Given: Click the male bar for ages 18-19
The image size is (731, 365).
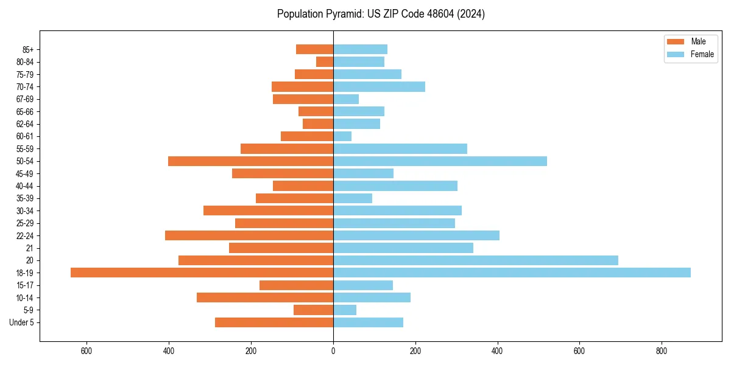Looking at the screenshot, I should coord(202,273).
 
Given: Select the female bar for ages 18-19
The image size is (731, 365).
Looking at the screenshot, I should coord(512,273).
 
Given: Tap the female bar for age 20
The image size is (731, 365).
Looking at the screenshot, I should coord(475,260).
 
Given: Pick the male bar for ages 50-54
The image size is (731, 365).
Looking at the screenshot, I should coord(250,161).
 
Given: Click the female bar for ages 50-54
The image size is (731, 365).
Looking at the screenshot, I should coord(440,161).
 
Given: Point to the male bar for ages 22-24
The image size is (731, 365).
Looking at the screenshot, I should coord(249,235).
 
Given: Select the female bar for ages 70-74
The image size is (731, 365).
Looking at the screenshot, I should coord(379,86).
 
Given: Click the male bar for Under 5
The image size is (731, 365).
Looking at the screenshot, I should coord(274,322).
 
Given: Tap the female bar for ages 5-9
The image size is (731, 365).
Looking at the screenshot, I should coord(345,310).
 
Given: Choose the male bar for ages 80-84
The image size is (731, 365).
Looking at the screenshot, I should coord(325,61).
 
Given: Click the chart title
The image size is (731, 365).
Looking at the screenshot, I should coord(381,14).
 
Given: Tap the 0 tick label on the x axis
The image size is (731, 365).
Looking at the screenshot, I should coord(333,351).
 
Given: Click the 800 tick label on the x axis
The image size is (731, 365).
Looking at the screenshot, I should coord(661,351).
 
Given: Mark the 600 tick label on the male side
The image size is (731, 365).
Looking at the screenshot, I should coord(87,351).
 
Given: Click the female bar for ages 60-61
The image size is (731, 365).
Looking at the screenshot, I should coord(342,136).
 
